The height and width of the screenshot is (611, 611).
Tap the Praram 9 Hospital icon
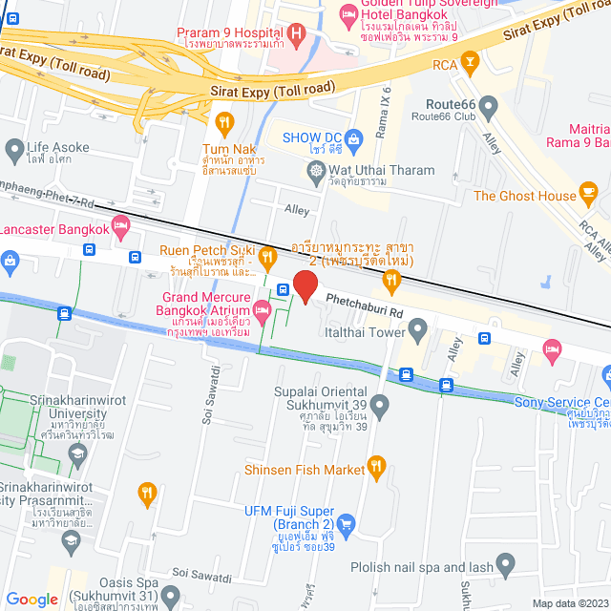[x=296, y=37]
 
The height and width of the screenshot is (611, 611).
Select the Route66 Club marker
[x=489, y=105]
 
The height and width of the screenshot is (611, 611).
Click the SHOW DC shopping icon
[x=354, y=138]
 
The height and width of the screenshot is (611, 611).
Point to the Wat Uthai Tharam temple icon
[x=316, y=171]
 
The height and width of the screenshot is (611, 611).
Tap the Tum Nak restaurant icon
[x=225, y=122]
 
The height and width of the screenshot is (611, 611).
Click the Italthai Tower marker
[x=417, y=330]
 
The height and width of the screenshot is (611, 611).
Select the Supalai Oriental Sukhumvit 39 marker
[x=379, y=409]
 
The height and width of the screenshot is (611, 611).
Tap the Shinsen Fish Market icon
[x=376, y=468]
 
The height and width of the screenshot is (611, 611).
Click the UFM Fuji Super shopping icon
[x=346, y=523]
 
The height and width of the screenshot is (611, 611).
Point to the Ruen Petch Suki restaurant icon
[x=268, y=255]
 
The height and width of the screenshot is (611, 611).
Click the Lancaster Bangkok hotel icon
[x=120, y=227]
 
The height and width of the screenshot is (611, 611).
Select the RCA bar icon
[x=469, y=63]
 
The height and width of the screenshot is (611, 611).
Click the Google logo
[x=32, y=599]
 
